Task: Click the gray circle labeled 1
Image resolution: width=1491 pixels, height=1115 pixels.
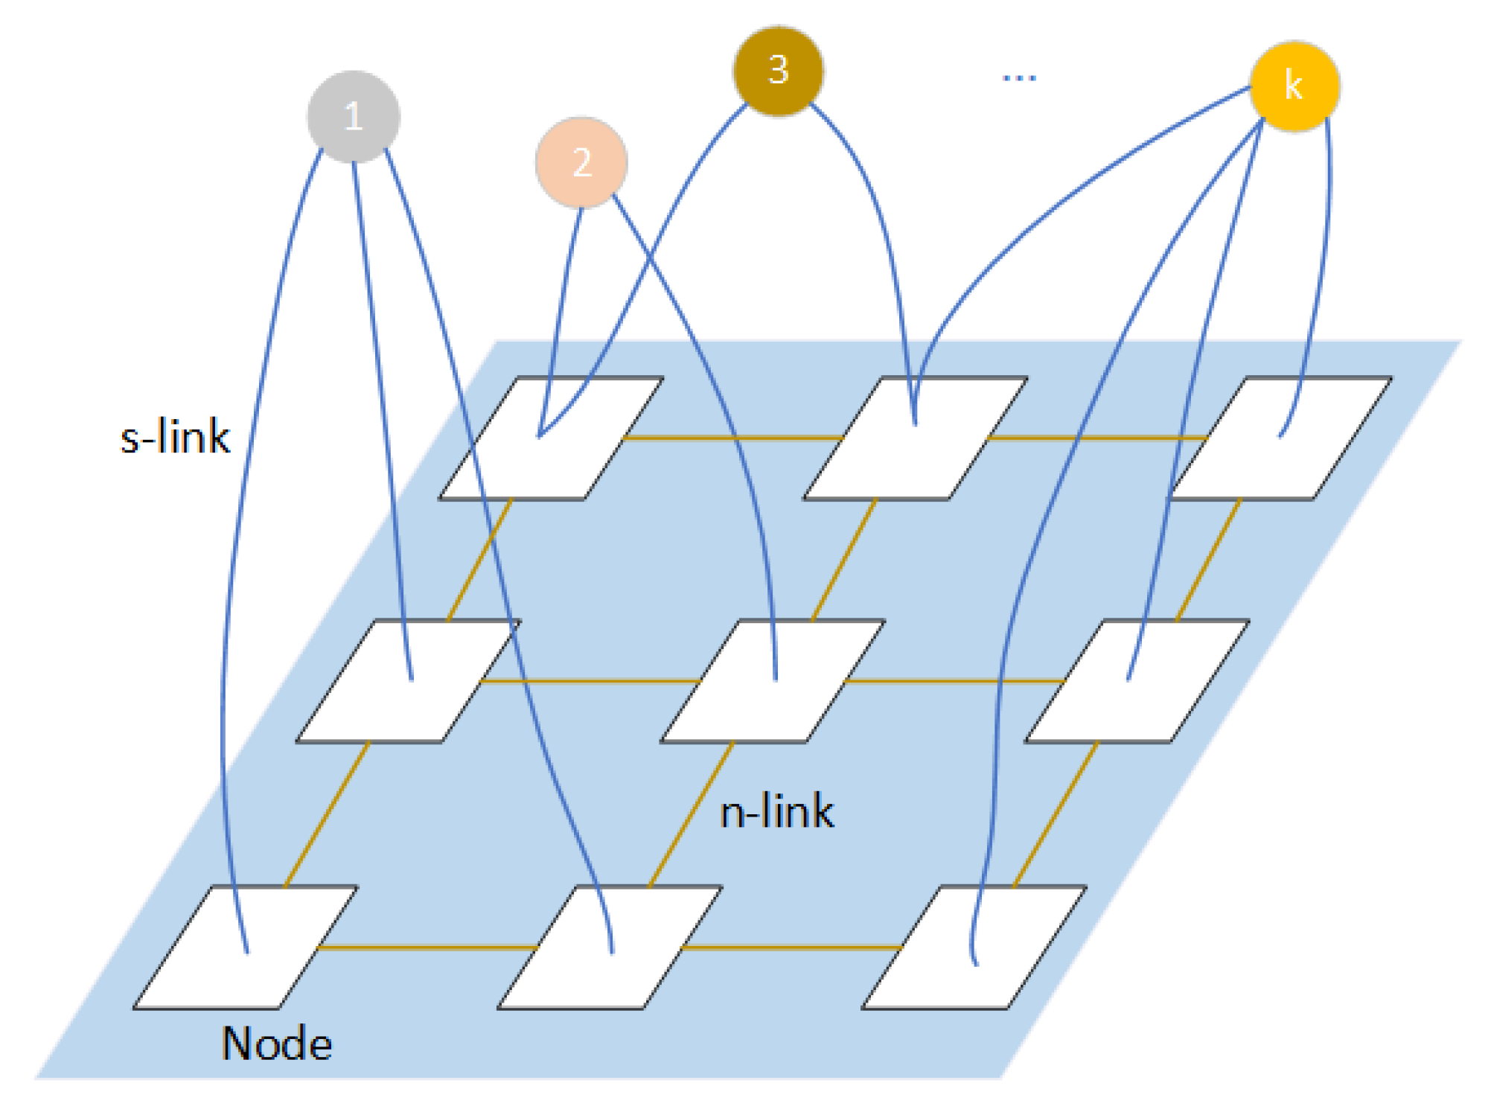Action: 354,116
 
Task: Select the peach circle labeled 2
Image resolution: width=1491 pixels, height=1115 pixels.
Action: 581,162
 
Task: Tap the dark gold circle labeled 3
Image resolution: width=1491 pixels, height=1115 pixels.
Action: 778,71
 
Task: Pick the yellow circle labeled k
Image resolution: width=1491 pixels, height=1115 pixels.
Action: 1294,86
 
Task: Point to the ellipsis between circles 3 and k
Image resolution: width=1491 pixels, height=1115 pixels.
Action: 1019,77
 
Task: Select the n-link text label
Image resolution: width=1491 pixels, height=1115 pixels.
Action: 776,811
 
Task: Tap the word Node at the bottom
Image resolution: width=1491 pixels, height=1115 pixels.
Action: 276,1044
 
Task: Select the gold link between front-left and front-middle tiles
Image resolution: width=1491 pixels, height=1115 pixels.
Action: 428,948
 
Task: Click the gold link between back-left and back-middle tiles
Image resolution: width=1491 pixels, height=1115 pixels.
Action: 733,438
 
